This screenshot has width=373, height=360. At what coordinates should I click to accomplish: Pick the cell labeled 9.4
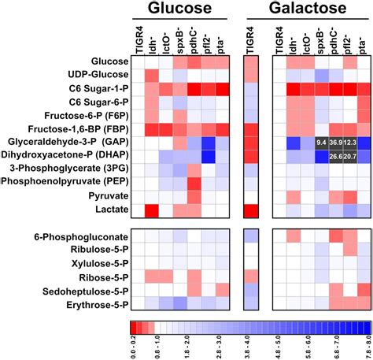click(321, 143)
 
